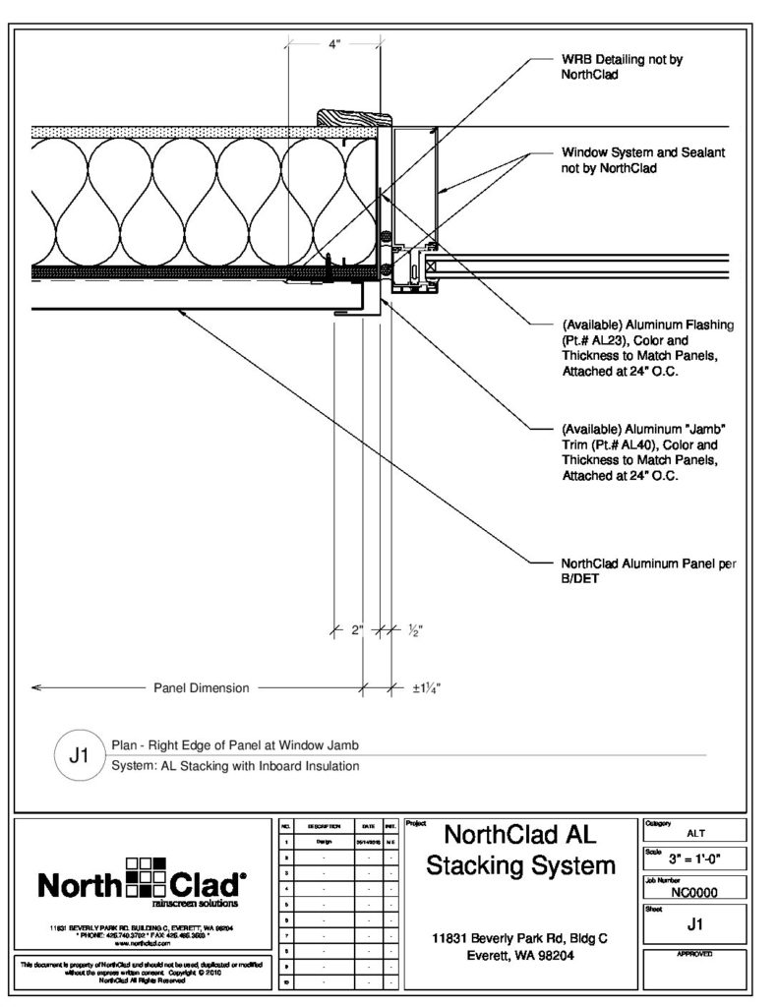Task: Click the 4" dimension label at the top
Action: (333, 45)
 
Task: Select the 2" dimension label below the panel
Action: (357, 630)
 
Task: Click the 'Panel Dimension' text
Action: (202, 688)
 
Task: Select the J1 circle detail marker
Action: (79, 756)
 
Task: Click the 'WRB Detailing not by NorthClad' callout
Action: (622, 67)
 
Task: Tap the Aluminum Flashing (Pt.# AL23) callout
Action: (648, 349)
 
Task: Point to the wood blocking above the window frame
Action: (351, 116)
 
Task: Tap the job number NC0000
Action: (693, 893)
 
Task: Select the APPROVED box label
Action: (693, 955)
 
